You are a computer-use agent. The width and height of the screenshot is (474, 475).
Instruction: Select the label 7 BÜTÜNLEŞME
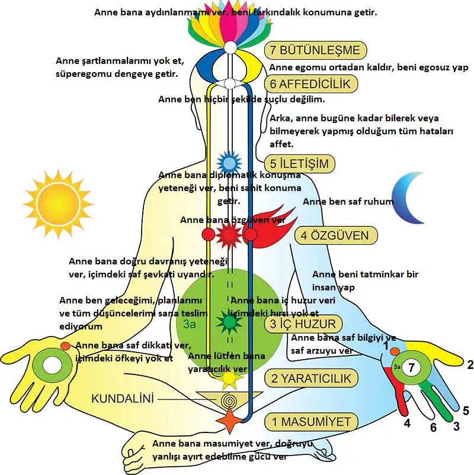(x=316, y=49)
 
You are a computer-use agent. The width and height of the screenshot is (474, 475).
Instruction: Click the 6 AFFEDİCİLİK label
(x=311, y=84)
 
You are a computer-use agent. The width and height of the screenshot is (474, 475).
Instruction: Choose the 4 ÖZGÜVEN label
(x=335, y=235)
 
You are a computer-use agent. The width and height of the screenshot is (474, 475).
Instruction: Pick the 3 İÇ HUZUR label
(x=303, y=324)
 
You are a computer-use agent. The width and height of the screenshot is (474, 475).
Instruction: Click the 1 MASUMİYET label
(x=311, y=422)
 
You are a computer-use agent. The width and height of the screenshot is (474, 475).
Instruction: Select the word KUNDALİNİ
(x=123, y=399)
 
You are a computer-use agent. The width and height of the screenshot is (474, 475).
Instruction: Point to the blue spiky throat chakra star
(x=228, y=162)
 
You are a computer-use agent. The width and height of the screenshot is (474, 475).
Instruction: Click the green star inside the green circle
(x=228, y=321)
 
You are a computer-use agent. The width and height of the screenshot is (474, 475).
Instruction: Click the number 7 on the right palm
(x=413, y=367)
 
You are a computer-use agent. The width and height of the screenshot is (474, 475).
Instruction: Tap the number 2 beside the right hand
(x=470, y=364)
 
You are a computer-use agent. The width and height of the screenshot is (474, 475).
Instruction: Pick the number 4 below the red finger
(x=408, y=424)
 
